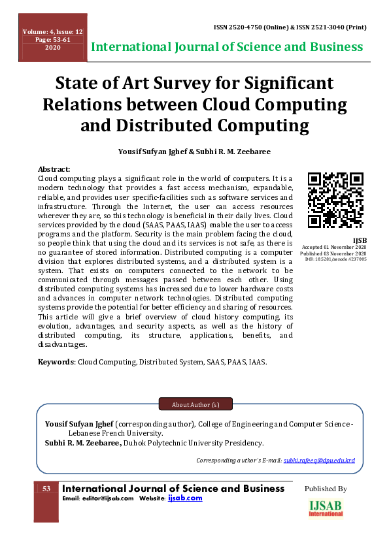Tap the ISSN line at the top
[x=290, y=27]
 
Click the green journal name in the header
[x=227, y=47]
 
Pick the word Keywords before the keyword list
[x=57, y=361]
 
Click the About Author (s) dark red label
[x=195, y=405]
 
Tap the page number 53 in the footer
[x=46, y=489]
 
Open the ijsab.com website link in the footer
[x=185, y=498]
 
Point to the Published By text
[x=326, y=489]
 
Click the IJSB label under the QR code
[x=360, y=241]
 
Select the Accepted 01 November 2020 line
[x=333, y=247]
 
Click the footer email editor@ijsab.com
[x=99, y=498]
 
